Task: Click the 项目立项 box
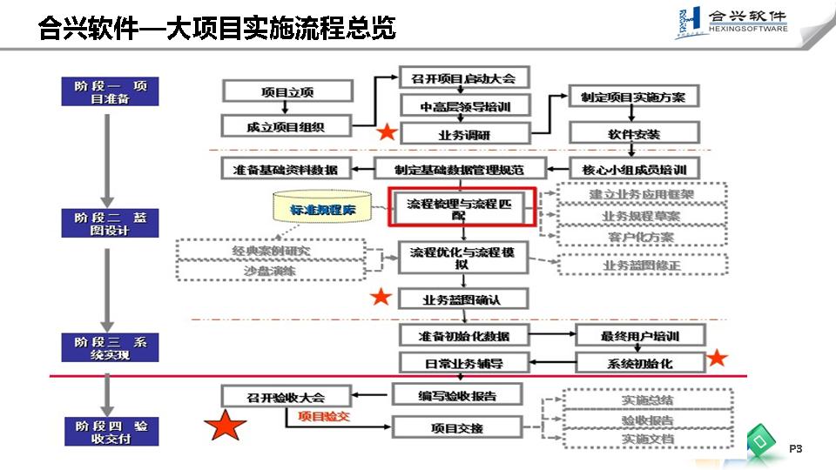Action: tap(287, 91)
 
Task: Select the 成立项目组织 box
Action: tap(286, 126)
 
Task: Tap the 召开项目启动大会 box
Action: tap(463, 78)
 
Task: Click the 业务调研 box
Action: tap(463, 134)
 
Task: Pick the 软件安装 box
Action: tap(634, 134)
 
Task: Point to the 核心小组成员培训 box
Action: tap(634, 169)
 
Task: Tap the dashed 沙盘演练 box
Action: tap(270, 271)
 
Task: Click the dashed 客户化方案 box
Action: tap(641, 236)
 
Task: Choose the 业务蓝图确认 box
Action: tap(463, 299)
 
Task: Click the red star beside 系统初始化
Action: tap(717, 358)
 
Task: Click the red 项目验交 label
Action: tap(324, 417)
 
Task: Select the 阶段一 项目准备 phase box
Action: tap(111, 92)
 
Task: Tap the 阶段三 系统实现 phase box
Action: tap(111, 348)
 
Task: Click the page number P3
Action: tap(794, 448)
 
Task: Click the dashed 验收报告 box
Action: tap(647, 420)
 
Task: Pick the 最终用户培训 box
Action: tap(640, 336)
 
